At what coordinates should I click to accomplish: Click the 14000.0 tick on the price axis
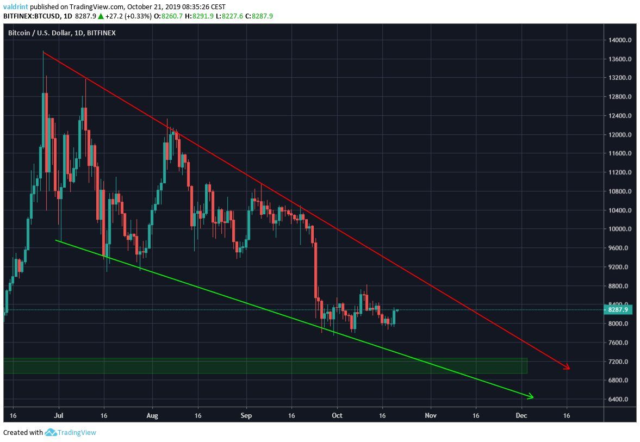[620, 40]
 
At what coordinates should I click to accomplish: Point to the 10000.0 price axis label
[620, 229]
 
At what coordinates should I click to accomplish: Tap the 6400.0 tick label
[620, 400]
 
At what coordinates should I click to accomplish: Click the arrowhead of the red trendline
[568, 368]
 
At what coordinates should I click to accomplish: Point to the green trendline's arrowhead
[531, 396]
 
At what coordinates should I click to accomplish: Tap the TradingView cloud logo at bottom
[51, 433]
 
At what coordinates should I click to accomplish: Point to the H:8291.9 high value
[207, 16]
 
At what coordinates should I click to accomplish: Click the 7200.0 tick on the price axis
[620, 362]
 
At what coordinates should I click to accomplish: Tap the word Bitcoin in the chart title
[20, 33]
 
